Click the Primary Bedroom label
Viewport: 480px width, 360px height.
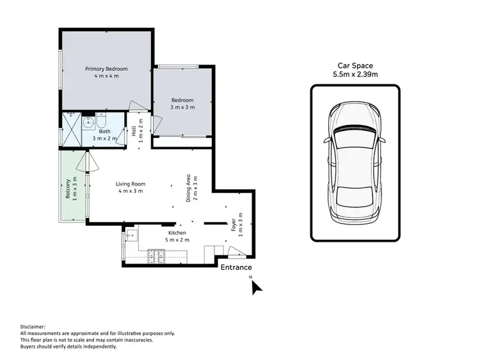(x=106, y=69)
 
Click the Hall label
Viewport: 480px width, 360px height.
(x=134, y=132)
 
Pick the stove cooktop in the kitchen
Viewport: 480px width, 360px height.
(x=155, y=257)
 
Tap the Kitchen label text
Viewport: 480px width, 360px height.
(x=177, y=233)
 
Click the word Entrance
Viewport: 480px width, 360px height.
(x=236, y=267)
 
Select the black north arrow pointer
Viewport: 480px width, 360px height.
(x=257, y=288)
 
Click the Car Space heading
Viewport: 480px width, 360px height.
(x=355, y=66)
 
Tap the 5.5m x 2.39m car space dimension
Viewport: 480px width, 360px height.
(x=355, y=75)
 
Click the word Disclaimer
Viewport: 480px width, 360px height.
(x=35, y=326)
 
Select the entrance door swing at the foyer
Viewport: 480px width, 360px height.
(x=233, y=251)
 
